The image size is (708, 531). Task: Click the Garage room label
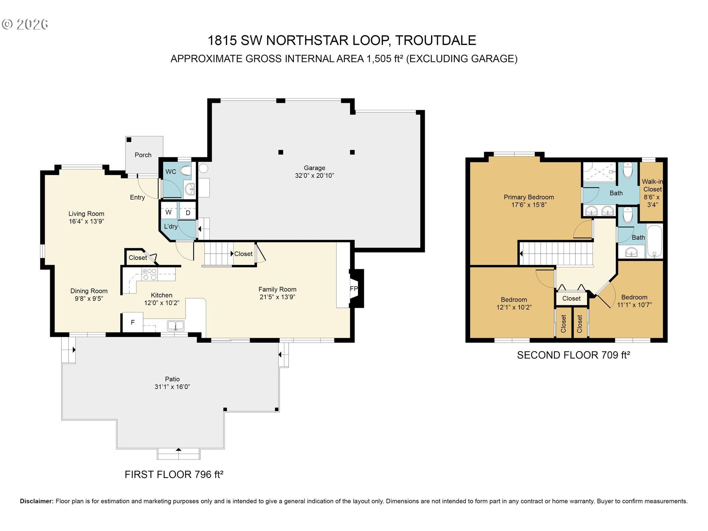314,168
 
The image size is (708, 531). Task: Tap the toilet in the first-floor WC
186,171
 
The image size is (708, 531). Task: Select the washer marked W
169,212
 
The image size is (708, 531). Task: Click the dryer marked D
188,213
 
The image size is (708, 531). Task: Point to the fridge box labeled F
133,322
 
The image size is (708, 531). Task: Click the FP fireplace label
354,289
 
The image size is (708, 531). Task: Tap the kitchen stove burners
149,274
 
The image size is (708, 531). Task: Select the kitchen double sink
176,325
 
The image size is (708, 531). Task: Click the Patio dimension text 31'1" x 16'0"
172,387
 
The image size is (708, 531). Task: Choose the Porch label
143,155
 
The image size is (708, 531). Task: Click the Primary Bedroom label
528,197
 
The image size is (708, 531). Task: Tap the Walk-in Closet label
652,185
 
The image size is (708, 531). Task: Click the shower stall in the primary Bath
599,171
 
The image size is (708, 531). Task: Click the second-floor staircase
557,253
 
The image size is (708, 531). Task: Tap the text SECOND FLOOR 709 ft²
573,355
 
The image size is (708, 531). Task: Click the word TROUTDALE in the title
435,41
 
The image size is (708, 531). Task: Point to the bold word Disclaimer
37,501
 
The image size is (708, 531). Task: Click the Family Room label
277,289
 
